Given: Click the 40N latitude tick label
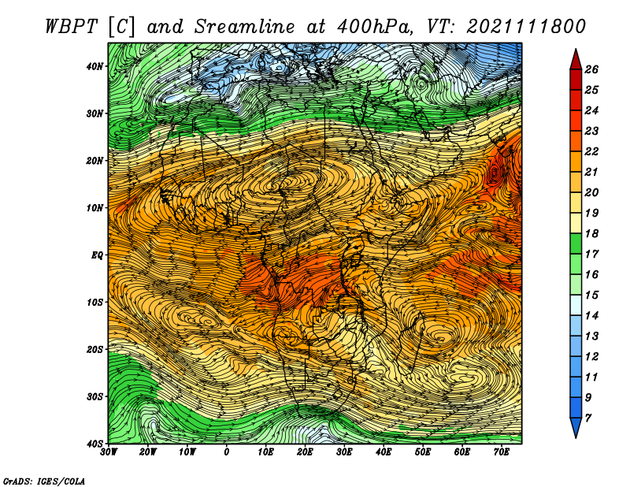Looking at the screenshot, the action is (x=94, y=66).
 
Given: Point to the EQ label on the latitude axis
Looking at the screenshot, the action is (x=97, y=255).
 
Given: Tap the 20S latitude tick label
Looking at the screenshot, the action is (x=94, y=349).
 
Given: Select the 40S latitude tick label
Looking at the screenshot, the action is (x=94, y=444).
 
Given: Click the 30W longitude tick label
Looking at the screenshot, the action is (x=109, y=452).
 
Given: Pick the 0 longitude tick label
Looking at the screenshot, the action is (x=227, y=452).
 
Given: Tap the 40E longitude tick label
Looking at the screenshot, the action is (x=384, y=452).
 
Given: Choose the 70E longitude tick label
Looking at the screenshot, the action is (x=502, y=452).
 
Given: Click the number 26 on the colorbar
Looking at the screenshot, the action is (x=591, y=69).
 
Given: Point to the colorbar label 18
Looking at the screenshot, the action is (x=591, y=233).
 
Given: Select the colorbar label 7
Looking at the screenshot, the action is (x=588, y=418).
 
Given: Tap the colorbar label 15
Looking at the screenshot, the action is (x=591, y=296).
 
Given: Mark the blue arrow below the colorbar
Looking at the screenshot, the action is (x=576, y=427).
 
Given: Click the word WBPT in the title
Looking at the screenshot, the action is (x=72, y=27).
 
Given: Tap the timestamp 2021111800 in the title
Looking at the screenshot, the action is (x=525, y=27).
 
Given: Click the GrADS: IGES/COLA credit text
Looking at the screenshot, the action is (x=44, y=481).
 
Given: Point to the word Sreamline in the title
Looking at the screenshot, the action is (x=244, y=27).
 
